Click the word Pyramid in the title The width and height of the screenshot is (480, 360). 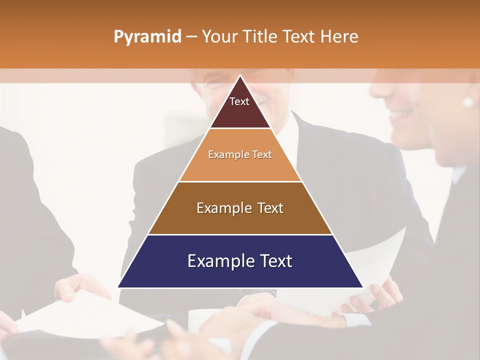147,37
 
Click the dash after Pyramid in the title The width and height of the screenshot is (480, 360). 191,37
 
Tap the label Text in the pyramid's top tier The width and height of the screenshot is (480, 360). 239,101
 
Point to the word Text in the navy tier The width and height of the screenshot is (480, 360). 274,261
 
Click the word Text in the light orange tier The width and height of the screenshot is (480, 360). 262,155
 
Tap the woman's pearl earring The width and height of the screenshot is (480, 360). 468,102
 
